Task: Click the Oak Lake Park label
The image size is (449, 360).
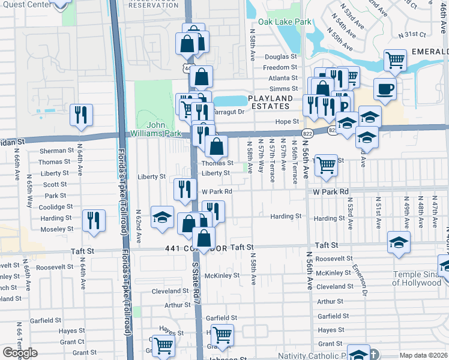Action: [x=285, y=22]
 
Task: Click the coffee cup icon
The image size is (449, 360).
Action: [x=385, y=89]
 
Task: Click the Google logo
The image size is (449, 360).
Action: [x=20, y=353]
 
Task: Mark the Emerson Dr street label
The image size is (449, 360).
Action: [x=359, y=275]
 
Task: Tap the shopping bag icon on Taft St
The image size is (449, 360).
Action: [x=204, y=238]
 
